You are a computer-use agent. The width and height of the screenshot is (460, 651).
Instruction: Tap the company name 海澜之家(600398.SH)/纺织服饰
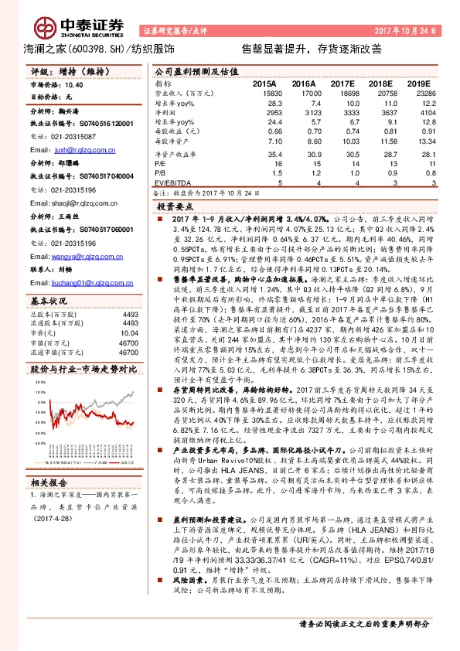click(x=97, y=49)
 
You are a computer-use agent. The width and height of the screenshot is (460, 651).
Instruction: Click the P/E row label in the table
click(x=161, y=164)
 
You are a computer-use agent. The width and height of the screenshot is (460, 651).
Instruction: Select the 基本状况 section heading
click(x=49, y=298)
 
